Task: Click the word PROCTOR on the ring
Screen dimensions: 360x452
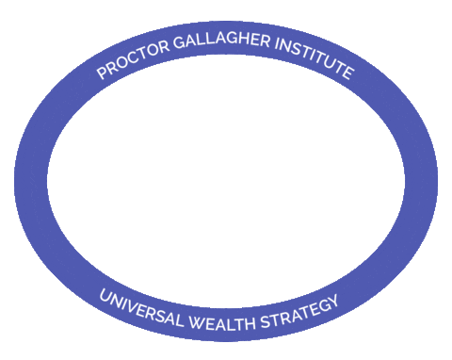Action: point(132,63)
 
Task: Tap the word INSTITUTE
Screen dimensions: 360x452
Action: point(315,61)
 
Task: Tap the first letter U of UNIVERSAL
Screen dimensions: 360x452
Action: point(103,293)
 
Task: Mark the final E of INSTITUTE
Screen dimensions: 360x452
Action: point(347,74)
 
